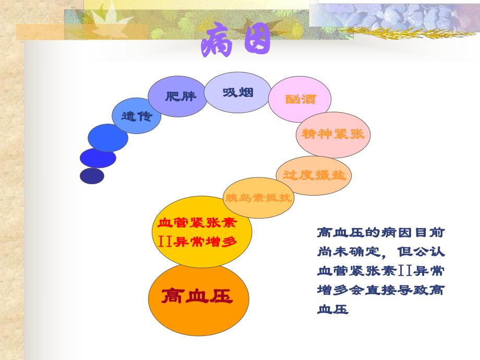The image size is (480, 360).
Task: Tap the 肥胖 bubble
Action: tap(177, 97)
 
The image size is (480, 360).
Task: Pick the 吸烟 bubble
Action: tap(238, 92)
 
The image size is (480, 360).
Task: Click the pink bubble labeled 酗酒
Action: tap(300, 99)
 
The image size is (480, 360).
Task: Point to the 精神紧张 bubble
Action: tap(333, 134)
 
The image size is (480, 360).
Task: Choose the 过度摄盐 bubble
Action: tap(314, 175)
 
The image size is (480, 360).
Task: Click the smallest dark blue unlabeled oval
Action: tap(92, 176)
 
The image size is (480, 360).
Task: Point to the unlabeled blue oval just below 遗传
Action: tap(108, 138)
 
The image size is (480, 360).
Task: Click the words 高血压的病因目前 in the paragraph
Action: tap(381, 232)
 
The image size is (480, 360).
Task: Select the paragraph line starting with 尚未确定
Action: tap(381, 251)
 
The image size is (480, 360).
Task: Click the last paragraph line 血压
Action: tap(332, 310)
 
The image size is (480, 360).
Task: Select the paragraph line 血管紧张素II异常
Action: tap(381, 271)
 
